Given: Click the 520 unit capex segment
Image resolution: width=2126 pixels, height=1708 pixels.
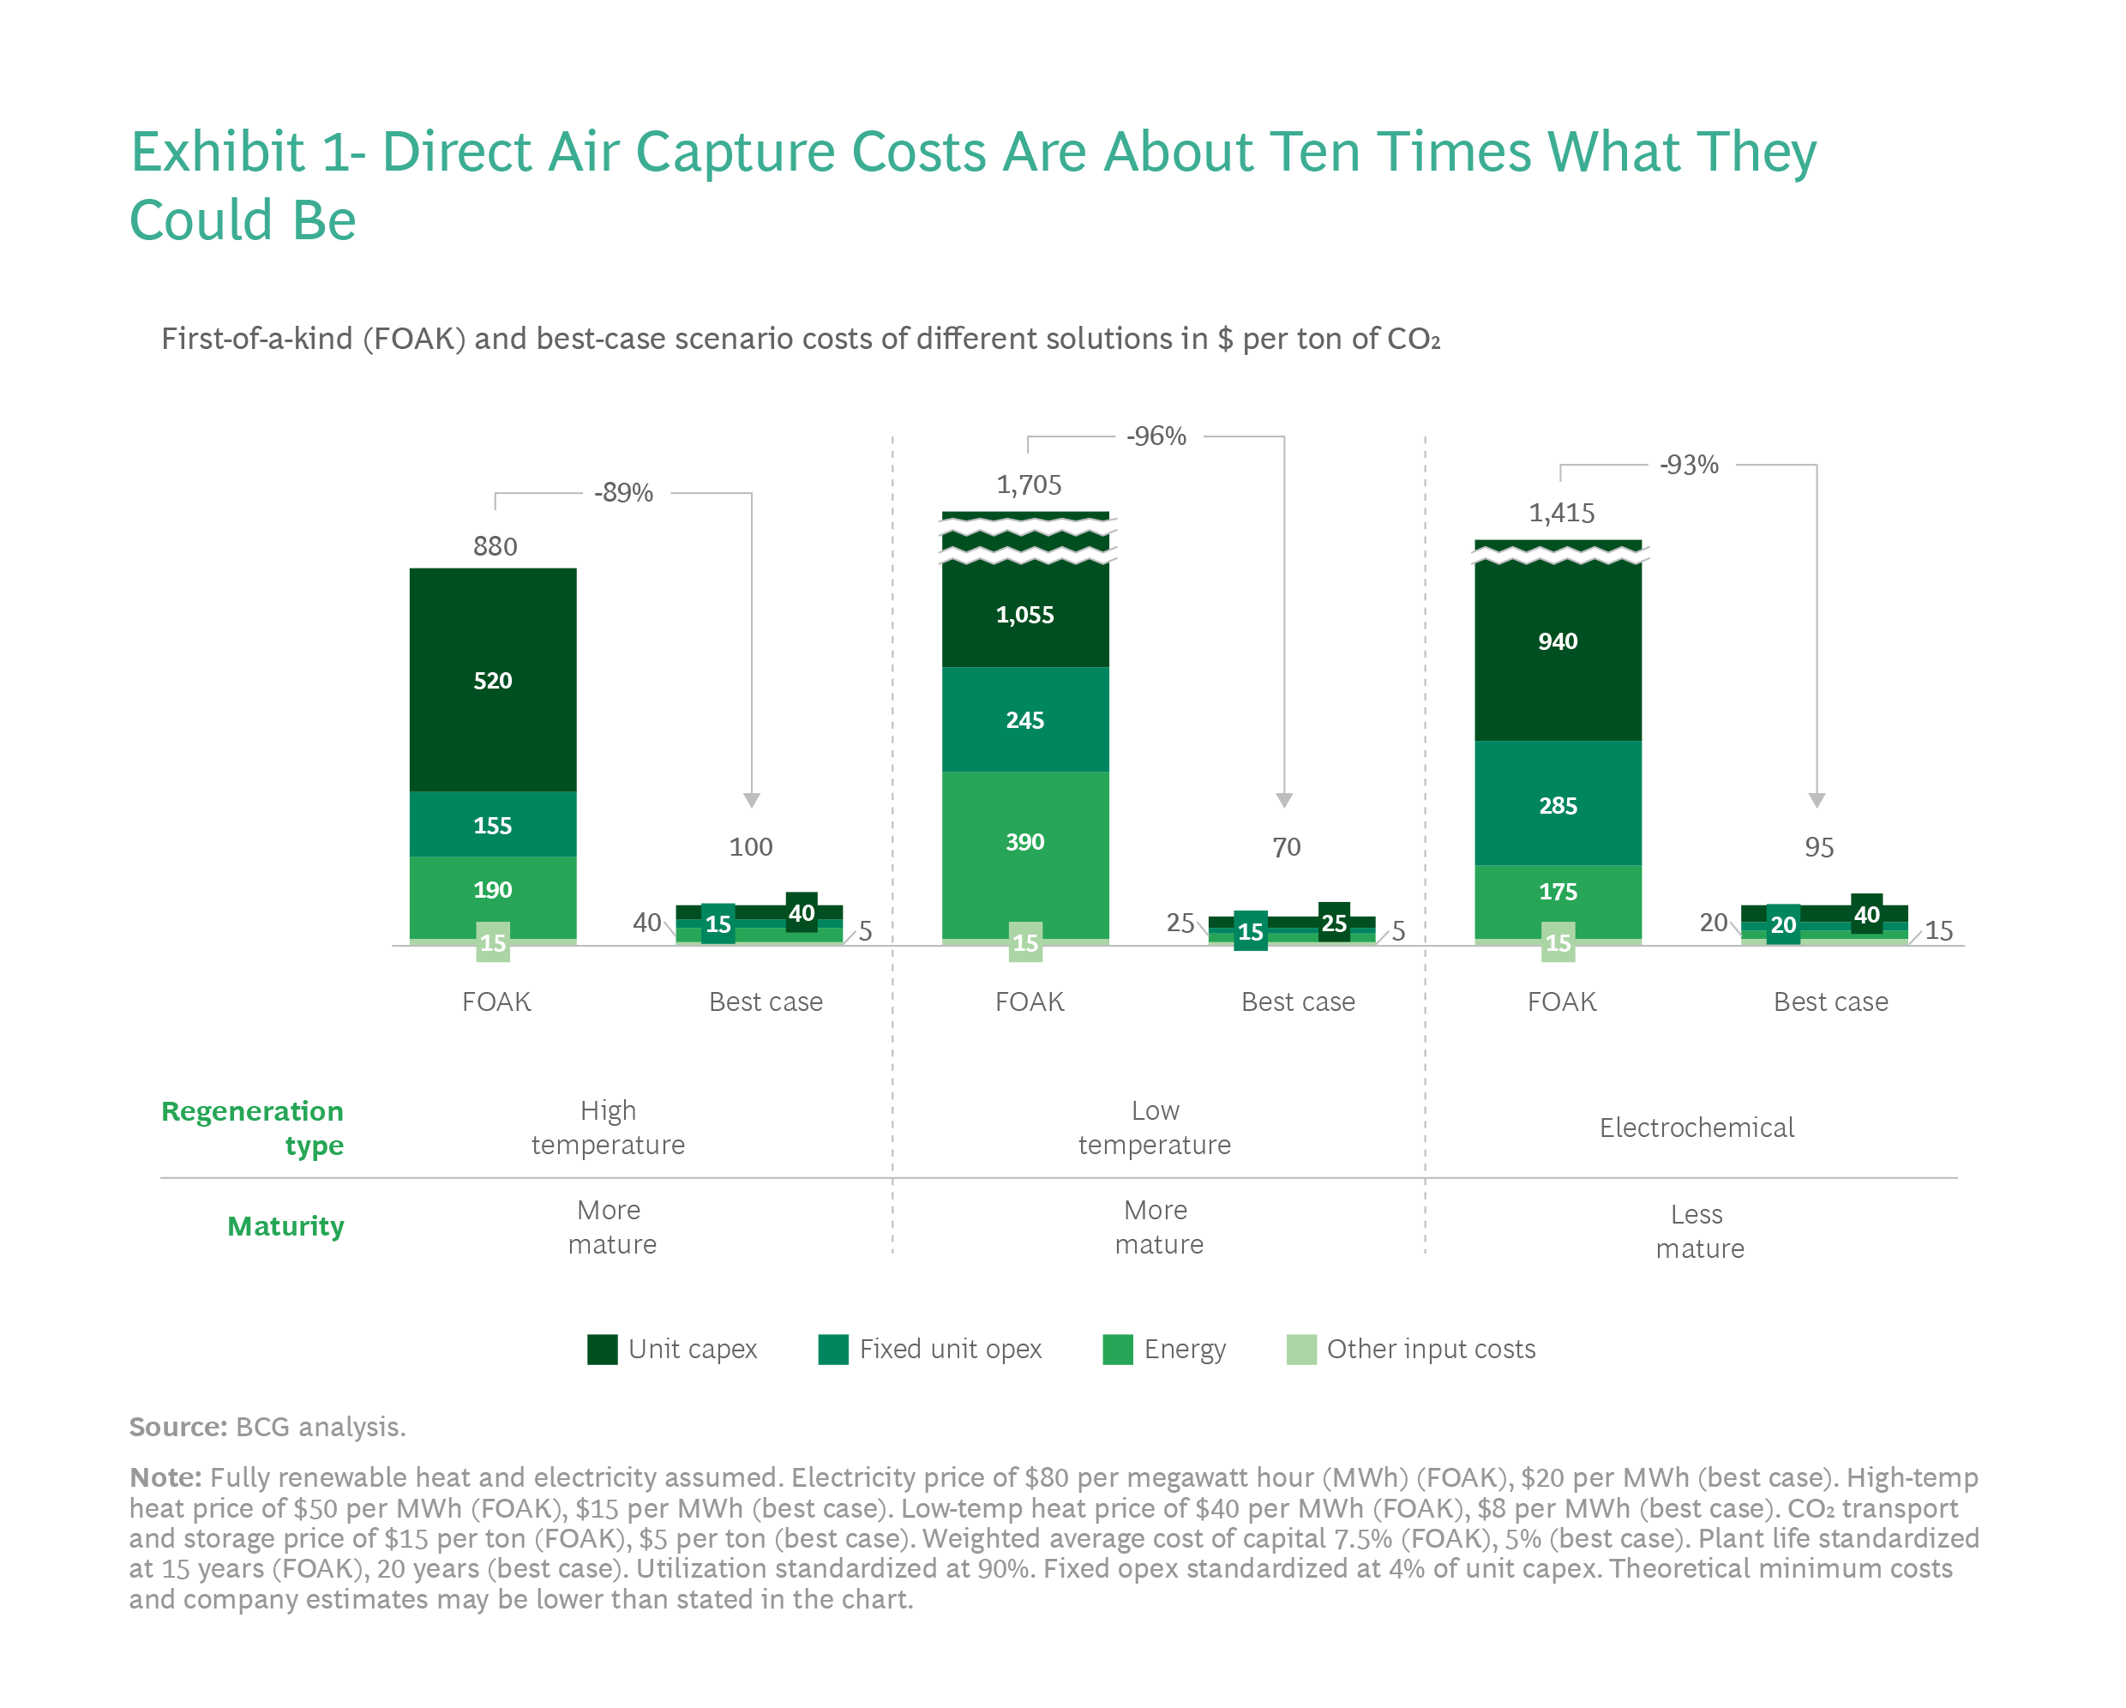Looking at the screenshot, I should [x=492, y=681].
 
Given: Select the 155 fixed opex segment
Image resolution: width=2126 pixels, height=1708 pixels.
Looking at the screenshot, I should [x=492, y=824].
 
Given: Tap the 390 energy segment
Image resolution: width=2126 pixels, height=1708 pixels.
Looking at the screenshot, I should [x=1024, y=842].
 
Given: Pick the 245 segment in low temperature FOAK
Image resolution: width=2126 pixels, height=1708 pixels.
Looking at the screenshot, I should [x=1024, y=720].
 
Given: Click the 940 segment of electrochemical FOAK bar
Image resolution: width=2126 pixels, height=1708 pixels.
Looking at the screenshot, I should [x=1557, y=642].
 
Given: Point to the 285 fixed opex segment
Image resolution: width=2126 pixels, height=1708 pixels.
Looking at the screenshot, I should [x=1557, y=804].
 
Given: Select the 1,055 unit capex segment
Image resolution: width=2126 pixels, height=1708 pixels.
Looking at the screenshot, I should [x=1024, y=616].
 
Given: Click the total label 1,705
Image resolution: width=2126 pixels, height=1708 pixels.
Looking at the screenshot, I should [x=1029, y=484].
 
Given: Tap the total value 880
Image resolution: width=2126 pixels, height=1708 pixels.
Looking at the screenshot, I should [x=495, y=546].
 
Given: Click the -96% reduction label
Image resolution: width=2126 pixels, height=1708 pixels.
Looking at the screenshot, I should [x=1156, y=436].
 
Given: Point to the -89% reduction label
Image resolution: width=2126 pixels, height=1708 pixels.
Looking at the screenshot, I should [x=623, y=492].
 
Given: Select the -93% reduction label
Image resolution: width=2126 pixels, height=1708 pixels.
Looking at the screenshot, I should [x=1688, y=465].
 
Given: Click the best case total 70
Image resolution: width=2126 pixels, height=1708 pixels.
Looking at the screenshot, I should [x=1286, y=847].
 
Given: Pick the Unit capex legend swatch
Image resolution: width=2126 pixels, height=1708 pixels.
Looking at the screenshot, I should [x=602, y=1349].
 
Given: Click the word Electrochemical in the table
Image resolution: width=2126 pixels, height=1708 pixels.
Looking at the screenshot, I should [x=1696, y=1128].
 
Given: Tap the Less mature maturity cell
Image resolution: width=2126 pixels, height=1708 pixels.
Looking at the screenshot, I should [x=1699, y=1230].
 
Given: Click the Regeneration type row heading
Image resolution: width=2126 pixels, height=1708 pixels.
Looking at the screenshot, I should [x=252, y=1128].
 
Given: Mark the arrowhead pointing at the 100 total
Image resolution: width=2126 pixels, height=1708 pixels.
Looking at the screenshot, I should [x=752, y=800].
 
